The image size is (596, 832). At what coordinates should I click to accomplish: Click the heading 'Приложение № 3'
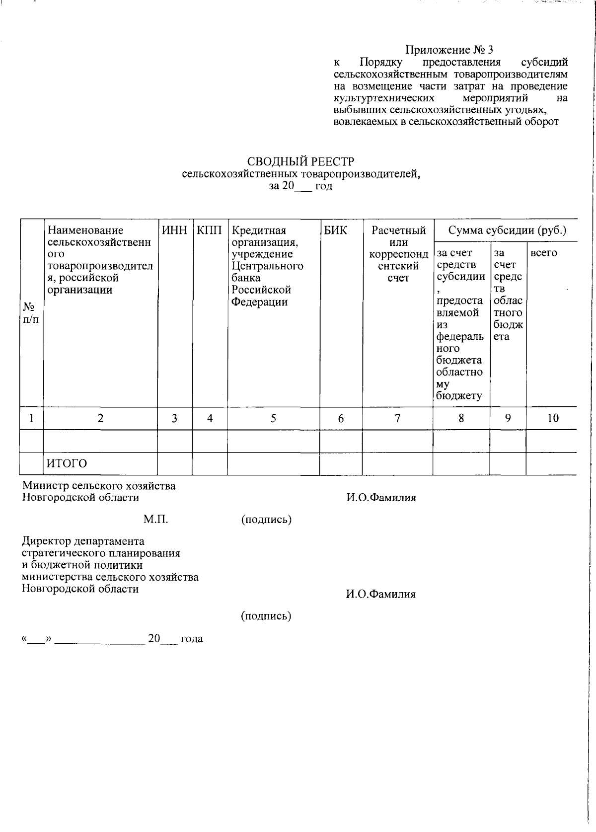[449, 50]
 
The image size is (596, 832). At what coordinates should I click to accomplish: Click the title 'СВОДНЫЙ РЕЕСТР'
[301, 162]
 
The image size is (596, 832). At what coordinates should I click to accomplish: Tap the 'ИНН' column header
[175, 230]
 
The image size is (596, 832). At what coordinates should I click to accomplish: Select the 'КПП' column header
[210, 230]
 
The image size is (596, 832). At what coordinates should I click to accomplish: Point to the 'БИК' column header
[336, 230]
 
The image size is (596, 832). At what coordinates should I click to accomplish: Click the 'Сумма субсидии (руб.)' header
[507, 230]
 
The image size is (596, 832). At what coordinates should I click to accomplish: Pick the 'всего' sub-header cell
[544, 253]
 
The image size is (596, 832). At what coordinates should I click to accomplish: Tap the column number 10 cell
[553, 418]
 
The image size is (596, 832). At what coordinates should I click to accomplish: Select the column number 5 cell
[273, 418]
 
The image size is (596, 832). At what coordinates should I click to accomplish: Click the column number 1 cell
[31, 418]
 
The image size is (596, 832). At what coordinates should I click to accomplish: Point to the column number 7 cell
[397, 418]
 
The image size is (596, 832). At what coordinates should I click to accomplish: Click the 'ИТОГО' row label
[67, 463]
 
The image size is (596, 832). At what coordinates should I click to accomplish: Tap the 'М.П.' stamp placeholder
[156, 520]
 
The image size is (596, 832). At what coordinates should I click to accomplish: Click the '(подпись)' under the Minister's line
[266, 520]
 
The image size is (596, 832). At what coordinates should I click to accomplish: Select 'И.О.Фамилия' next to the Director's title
[380, 594]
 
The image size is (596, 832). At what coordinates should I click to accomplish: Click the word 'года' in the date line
[192, 639]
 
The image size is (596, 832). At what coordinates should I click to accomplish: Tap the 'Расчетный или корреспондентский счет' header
[398, 254]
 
